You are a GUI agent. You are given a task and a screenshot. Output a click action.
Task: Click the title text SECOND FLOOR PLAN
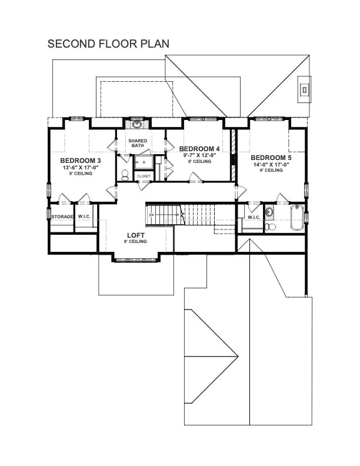(108, 44)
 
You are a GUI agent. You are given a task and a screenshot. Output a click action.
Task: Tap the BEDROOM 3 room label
(81, 160)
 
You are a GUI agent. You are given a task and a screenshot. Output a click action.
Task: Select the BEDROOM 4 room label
(199, 148)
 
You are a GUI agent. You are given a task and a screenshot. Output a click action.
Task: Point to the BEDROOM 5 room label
(271, 158)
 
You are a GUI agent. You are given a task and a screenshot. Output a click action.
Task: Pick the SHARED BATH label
(138, 144)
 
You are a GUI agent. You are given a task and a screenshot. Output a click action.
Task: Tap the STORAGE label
(62, 217)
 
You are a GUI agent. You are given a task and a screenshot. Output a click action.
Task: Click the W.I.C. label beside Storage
(84, 217)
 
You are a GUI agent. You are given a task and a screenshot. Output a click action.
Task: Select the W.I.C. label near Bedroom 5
(254, 217)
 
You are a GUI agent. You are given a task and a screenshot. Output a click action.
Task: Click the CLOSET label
(144, 176)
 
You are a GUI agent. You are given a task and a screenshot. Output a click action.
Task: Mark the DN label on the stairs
(152, 215)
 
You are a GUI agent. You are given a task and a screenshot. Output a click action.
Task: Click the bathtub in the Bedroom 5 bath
(297, 218)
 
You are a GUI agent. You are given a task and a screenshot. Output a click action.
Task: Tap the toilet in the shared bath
(125, 175)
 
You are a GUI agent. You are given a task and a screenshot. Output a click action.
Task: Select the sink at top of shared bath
(138, 124)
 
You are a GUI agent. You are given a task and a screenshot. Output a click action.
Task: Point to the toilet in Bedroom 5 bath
(270, 227)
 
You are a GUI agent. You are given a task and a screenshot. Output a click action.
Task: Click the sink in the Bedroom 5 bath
(269, 212)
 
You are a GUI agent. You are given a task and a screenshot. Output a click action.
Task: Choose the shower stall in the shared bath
(143, 162)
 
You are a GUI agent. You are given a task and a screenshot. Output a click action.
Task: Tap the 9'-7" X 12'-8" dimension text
(199, 155)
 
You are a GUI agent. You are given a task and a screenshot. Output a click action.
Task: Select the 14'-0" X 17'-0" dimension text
(271, 165)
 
